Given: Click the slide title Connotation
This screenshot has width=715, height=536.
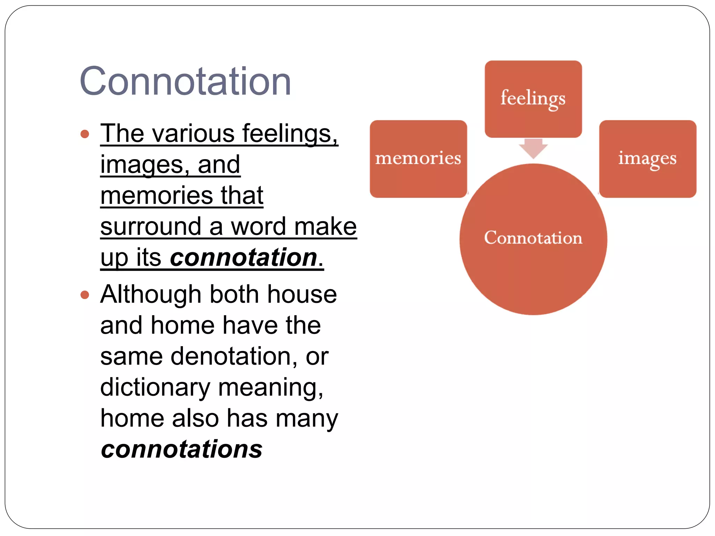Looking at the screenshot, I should [185, 81].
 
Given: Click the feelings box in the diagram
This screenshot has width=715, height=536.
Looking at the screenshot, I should [533, 99].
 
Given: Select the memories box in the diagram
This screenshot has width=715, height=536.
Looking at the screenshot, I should [418, 159].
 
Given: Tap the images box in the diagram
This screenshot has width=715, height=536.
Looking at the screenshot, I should [647, 159].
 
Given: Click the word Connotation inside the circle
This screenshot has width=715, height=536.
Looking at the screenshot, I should [533, 238].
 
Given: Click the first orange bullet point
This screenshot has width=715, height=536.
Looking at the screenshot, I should [85, 134].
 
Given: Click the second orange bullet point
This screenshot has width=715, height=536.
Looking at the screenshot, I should [85, 295].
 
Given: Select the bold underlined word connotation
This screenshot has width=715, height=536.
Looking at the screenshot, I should [243, 258].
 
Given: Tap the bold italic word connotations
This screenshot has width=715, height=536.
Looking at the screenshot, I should [182, 449].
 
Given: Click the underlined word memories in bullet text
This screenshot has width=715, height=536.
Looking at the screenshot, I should [156, 195].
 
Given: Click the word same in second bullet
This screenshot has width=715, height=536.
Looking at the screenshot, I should [131, 357].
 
